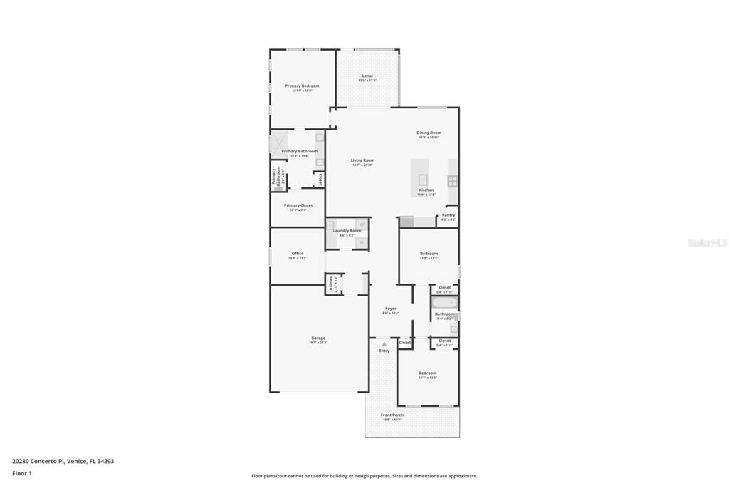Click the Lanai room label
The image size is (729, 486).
coord(367,76)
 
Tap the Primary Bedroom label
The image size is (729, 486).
coord(302,86)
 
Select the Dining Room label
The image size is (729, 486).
coord(429,133)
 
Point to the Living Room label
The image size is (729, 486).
coord(362,160)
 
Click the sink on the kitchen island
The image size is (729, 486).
coord(422,180)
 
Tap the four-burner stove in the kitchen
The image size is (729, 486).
coord(452,180)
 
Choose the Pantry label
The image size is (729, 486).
coord(448,214)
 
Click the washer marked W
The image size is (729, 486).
coord(361,225)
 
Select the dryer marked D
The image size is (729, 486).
coord(361,243)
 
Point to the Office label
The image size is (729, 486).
coord(298,254)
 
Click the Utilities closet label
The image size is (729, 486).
coord(331,284)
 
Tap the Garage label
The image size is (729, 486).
coord(318,338)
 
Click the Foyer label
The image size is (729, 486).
coord(390,309)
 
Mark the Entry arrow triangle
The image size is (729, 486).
coord(384,344)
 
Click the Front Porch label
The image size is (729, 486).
coord(392,415)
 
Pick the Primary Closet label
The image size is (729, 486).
coord(298,205)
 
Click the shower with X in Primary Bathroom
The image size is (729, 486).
coord(277,143)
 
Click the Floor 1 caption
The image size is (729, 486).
coord(22,472)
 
